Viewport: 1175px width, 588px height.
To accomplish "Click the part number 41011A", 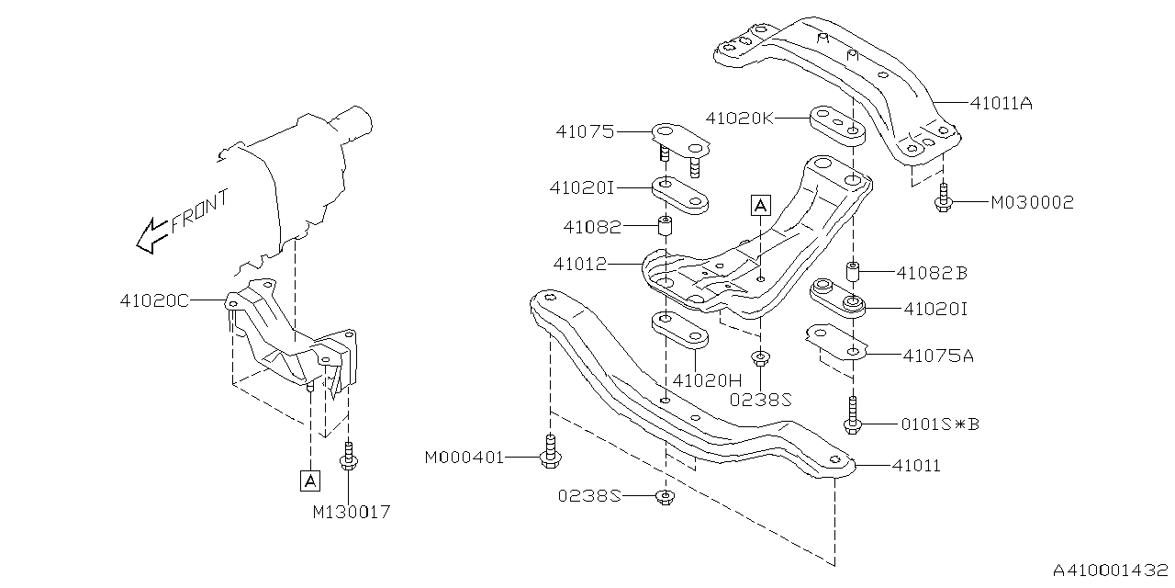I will (1002, 104).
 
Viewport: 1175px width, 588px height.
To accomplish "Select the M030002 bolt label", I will (1031, 201).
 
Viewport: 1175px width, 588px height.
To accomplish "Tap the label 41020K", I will (740, 119).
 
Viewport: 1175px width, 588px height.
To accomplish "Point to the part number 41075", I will (584, 131).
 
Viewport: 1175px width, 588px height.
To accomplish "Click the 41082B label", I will (932, 273).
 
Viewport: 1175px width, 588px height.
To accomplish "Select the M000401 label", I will (464, 457).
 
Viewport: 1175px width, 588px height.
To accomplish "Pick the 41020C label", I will (154, 300).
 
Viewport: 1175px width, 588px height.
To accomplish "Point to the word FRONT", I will (199, 211).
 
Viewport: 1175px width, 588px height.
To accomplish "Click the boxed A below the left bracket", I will (310, 480).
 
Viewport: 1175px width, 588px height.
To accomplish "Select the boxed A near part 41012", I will (759, 206).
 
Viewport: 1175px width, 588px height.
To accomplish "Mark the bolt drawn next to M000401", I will (548, 451).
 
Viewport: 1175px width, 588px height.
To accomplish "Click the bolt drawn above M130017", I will (348, 456).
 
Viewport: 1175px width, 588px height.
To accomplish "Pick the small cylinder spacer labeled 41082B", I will (852, 273).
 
